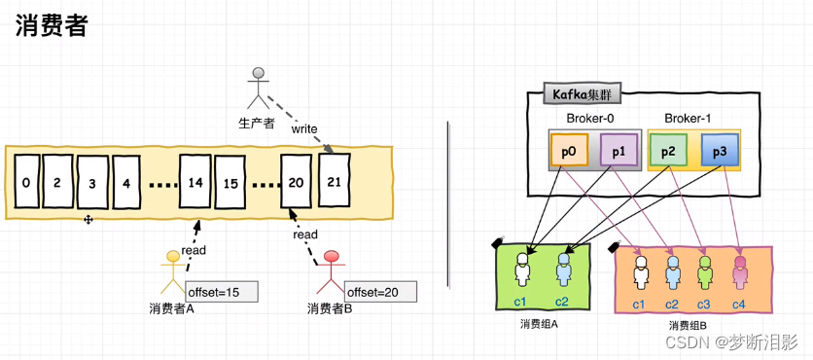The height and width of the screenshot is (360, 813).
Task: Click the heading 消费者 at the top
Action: coord(52,26)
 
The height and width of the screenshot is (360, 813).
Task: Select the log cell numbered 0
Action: coord(27,182)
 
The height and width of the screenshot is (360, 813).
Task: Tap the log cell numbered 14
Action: coord(194,182)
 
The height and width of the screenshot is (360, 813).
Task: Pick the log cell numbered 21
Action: coord(335,180)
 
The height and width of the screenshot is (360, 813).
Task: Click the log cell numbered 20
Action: coord(297,182)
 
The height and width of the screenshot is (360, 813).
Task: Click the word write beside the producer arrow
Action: coord(304,127)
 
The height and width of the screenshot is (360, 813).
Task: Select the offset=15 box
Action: coord(222,291)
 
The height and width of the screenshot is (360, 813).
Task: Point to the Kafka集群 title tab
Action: coord(583,94)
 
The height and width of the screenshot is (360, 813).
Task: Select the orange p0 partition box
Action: coord(570,151)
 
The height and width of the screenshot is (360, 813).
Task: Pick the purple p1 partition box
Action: coord(619,151)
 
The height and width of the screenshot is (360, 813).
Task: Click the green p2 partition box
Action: coord(668,151)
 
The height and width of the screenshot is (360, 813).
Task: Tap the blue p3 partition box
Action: coord(719,151)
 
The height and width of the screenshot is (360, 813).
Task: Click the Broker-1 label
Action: coord(689,119)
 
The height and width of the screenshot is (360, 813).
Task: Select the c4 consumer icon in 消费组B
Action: coord(739,273)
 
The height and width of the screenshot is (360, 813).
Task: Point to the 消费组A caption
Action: coord(539,323)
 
